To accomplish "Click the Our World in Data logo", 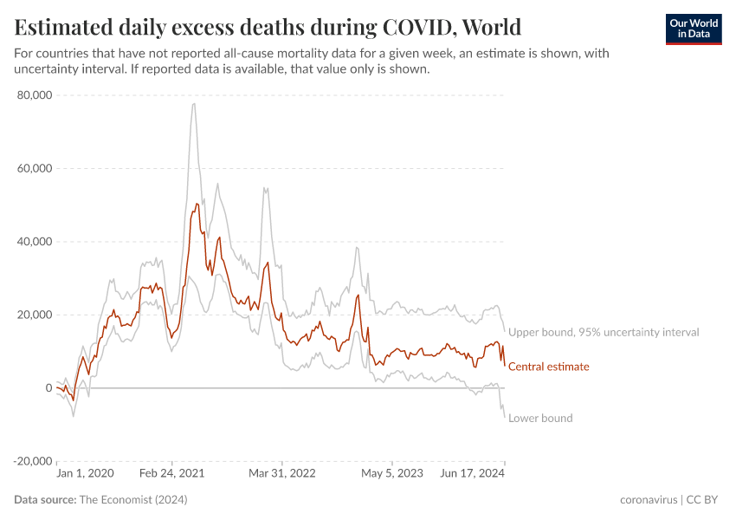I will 693,29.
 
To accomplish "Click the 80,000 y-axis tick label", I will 35,95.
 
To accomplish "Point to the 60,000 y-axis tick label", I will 35,168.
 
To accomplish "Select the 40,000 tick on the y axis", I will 35,242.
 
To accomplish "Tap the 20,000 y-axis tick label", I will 35,315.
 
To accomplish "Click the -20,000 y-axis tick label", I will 33,461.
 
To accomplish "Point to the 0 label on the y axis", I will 48,387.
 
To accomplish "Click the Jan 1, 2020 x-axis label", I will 84,473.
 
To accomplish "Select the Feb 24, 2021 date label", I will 171,473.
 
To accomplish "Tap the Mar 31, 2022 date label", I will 282,473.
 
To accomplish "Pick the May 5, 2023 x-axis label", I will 391,473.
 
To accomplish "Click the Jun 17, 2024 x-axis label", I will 473,473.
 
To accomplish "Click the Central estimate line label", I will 548,367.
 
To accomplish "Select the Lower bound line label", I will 540,418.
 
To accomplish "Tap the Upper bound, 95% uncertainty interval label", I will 604,332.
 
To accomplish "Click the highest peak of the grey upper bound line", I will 194,104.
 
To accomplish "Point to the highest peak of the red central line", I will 197,203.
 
